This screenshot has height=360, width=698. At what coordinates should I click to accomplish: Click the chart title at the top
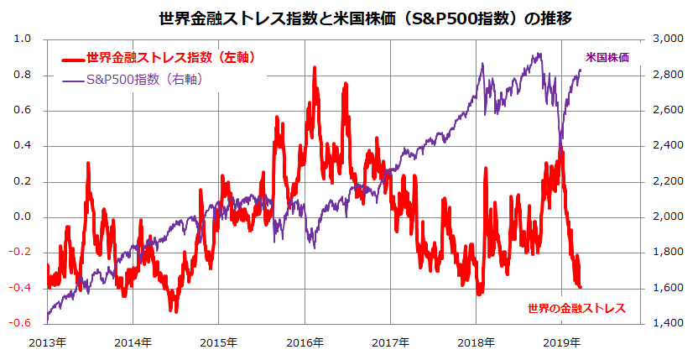(x=348, y=16)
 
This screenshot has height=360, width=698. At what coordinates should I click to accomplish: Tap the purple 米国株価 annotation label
(x=607, y=57)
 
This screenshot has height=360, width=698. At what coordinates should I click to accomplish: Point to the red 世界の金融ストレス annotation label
(x=576, y=308)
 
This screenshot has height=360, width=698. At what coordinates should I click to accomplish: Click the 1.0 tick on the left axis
(x=23, y=39)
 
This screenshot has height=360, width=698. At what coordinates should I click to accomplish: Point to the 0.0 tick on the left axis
(x=23, y=217)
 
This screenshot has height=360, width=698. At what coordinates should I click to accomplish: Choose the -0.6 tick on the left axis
(x=21, y=323)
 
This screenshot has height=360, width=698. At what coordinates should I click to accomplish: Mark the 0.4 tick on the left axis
(x=23, y=145)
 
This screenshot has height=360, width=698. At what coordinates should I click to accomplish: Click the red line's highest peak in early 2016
(x=314, y=68)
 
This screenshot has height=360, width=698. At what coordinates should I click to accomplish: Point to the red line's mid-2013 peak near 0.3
(x=88, y=164)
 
